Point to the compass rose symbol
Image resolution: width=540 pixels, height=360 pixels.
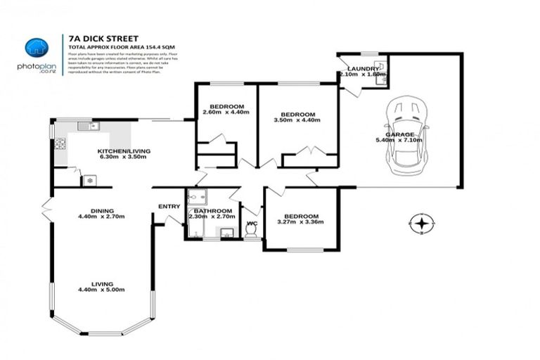(420, 224)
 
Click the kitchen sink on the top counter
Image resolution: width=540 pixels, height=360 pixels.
(89, 127)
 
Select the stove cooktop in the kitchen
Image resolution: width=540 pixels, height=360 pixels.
(60, 144)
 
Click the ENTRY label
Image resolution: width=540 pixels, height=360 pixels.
(169, 206)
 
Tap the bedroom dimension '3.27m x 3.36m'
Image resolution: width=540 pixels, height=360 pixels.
(301, 223)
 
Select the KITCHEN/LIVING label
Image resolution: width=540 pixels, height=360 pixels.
(123, 151)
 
